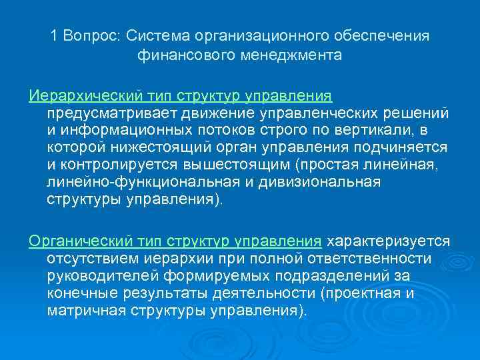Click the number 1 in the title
coord(54,35)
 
